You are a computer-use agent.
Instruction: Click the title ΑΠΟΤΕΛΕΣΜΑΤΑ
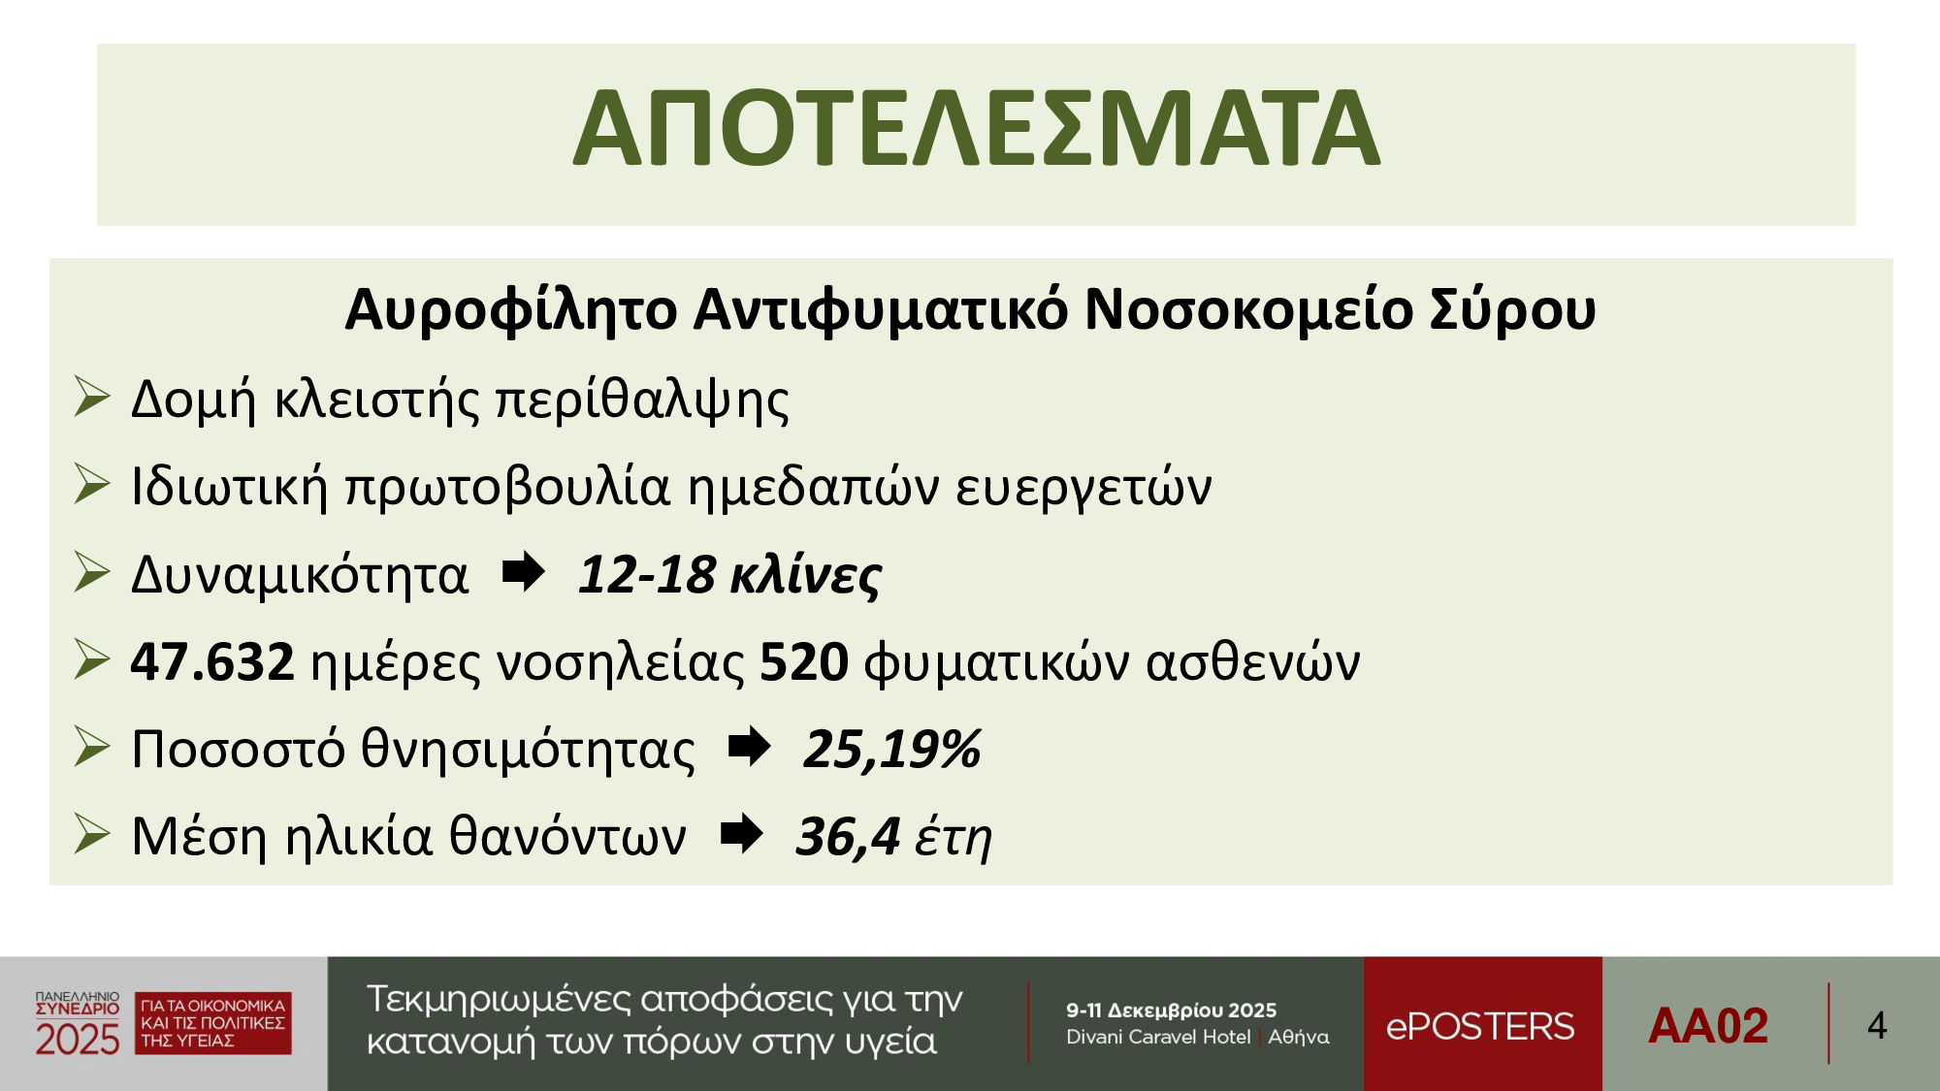[976, 128]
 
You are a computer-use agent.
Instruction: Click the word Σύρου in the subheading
[1512, 310]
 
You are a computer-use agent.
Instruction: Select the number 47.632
[212, 662]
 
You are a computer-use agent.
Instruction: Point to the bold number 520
[804, 662]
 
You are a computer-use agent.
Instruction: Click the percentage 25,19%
[892, 750]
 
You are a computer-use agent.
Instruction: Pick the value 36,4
[848, 837]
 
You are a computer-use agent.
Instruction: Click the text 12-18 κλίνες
[729, 575]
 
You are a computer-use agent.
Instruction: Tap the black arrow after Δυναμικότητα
[524, 572]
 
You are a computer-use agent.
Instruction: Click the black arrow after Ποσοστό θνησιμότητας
[749, 747]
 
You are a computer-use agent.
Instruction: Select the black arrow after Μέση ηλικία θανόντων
[742, 834]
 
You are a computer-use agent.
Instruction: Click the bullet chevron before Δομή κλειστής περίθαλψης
[92, 397]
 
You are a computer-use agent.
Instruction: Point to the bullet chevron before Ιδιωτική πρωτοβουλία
[92, 484]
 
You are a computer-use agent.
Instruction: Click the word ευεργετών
[1083, 487]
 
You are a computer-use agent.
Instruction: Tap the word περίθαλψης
[642, 400]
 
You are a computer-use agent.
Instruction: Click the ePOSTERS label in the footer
[1480, 1026]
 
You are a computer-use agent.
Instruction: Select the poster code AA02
[1708, 1026]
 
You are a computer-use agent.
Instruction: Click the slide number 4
[1877, 1026]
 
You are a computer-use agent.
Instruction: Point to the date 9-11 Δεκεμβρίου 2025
[1171, 1011]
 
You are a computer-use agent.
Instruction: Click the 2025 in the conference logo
[78, 1040]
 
